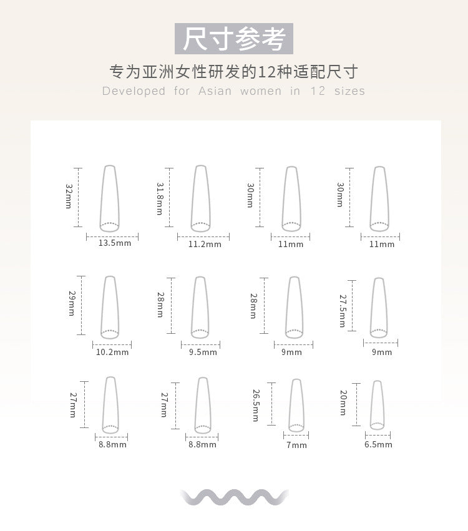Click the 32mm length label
tap(69, 196)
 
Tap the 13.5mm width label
tap(115, 243)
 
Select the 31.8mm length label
tap(160, 199)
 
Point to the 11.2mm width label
tap(205, 244)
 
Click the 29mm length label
tap(72, 303)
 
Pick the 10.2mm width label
tap(112, 352)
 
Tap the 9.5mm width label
tap(203, 352)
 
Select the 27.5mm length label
tap(343, 311)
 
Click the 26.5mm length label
tap(256, 406)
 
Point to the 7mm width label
tap(296, 445)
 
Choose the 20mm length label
tap(343, 402)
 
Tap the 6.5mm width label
tap(378, 445)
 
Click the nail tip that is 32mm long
tap(110, 198)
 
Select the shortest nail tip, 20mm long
tap(378, 405)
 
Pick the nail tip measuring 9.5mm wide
tap(200, 308)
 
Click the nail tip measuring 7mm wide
tap(296, 406)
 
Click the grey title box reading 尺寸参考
tap(234, 39)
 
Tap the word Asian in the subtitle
tap(215, 91)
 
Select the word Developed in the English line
tap(134, 91)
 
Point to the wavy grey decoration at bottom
tap(234, 497)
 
